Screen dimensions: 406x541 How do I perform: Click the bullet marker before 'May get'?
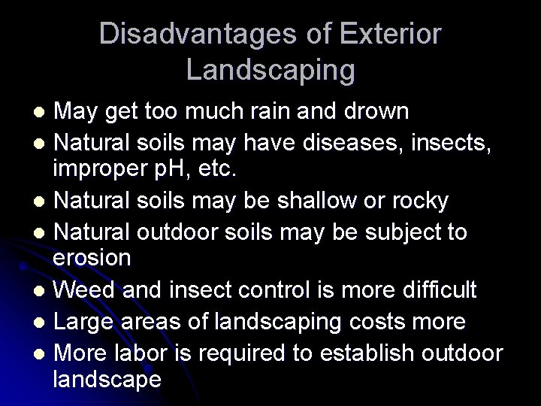coord(43,112)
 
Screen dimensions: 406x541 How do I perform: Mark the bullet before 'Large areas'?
coord(43,322)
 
